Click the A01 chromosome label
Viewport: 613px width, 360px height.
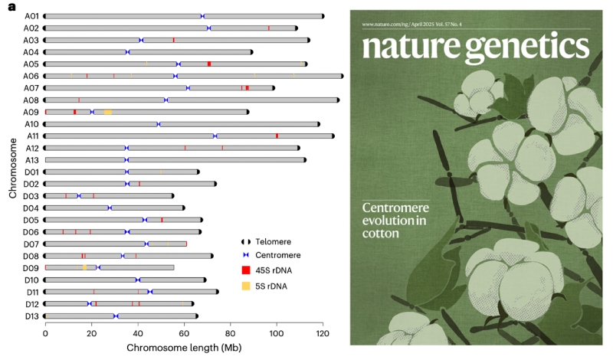[32, 15]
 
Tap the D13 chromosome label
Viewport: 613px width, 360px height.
[32, 316]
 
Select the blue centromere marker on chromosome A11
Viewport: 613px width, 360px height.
[215, 136]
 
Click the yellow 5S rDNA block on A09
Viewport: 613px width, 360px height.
[108, 112]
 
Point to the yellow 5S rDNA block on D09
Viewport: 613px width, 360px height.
[84, 267]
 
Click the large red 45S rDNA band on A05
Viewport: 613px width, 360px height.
[209, 64]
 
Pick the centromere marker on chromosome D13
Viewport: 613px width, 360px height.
[116, 316]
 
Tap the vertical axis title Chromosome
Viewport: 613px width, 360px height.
[13, 165]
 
